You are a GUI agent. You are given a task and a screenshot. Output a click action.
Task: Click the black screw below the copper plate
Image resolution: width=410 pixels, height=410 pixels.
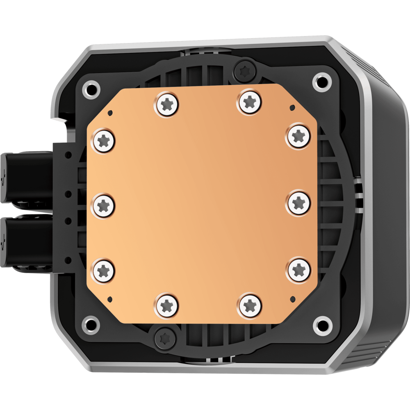click(x=164, y=338)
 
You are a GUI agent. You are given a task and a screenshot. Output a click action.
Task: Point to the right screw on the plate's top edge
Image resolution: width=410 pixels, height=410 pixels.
click(x=249, y=100)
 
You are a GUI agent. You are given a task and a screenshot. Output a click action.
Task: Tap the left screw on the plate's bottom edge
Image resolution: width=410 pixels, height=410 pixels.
click(x=167, y=305)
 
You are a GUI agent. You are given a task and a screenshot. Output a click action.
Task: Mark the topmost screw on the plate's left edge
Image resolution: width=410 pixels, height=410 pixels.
click(x=103, y=141)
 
